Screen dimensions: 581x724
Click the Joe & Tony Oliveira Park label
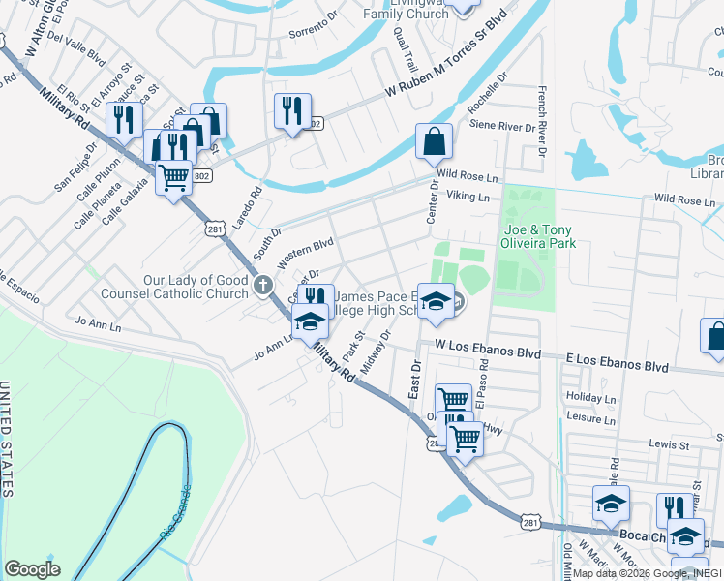(539, 236)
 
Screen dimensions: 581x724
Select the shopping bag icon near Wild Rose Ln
(434, 141)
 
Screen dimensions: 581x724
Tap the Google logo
(31, 568)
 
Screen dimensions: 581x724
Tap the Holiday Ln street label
(590, 398)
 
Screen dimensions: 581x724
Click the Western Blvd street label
(305, 254)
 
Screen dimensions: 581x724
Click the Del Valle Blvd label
(75, 48)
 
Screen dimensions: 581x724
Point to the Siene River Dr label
(502, 126)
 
